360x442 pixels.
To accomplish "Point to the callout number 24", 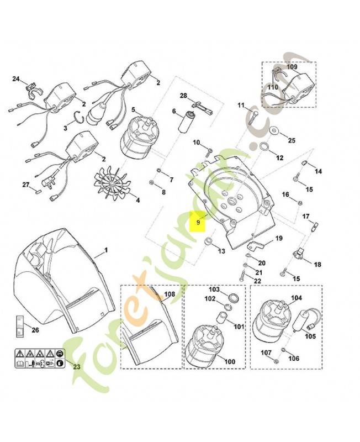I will pos(15,78).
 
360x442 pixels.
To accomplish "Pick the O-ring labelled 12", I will pos(264,147).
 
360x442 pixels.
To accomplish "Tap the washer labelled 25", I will pos(274,131).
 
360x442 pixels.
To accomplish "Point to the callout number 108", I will pos(169,294).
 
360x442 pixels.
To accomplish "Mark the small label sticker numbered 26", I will pos(19,325).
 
